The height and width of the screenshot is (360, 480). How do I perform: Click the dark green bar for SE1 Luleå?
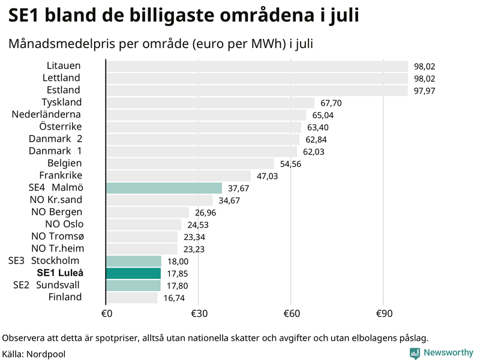click(133, 273)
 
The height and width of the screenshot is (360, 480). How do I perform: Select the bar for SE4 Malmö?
click(164, 188)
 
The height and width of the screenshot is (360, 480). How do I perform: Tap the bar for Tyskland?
click(210, 103)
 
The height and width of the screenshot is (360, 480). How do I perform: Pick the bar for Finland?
click(131, 298)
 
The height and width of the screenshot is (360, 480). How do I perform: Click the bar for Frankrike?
click(178, 176)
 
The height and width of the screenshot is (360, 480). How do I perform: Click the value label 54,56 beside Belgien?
click(290, 164)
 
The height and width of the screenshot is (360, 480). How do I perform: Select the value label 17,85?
click(178, 274)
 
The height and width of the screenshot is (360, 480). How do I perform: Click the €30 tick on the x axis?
click(199, 314)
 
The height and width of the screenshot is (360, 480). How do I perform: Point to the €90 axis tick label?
click(383, 314)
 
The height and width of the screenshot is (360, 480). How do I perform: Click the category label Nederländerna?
click(46, 114)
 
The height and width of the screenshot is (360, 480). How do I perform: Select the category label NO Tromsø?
click(56, 236)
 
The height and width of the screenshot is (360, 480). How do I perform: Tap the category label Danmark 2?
click(55, 139)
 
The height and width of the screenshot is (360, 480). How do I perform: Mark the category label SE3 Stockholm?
click(44, 260)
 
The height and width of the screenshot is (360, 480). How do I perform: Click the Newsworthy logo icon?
click(415, 353)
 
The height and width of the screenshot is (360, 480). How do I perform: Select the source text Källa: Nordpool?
click(34, 354)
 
